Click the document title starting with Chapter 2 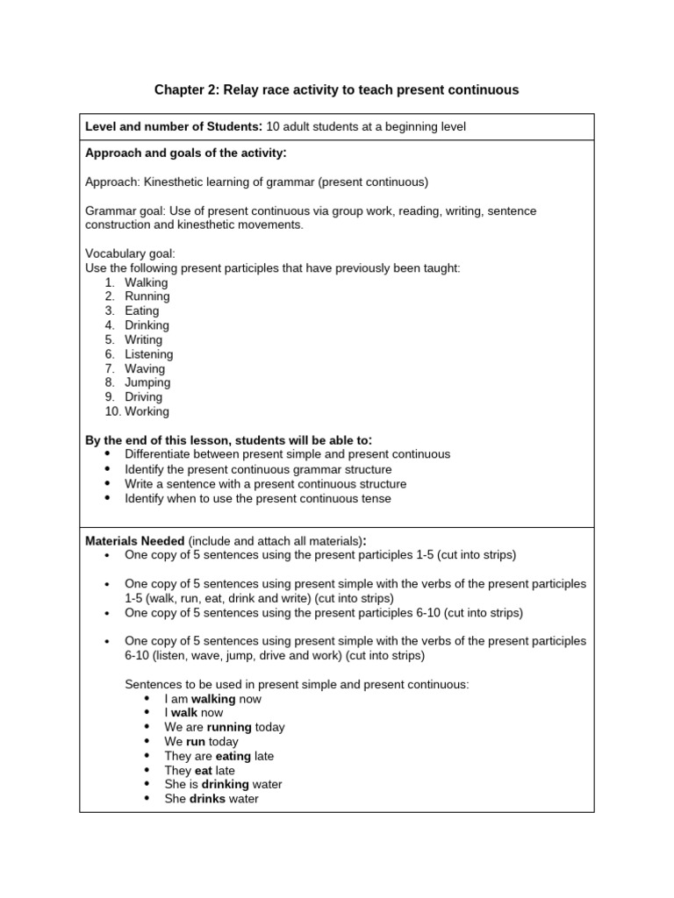click(336, 89)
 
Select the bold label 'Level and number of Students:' click(174, 127)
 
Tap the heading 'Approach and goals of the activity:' click(185, 153)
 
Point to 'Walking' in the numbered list click(146, 282)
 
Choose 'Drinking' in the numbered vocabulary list click(147, 325)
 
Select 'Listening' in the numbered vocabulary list click(148, 354)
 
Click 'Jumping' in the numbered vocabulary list click(147, 382)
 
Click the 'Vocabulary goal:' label click(130, 253)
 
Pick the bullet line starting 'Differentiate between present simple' click(287, 454)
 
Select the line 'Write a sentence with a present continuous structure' click(265, 483)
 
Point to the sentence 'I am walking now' click(212, 699)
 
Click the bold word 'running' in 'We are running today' click(229, 727)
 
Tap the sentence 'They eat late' click(199, 771)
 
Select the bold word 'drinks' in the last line click(207, 799)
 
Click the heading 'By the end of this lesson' click(228, 439)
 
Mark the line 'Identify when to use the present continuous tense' click(257, 498)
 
